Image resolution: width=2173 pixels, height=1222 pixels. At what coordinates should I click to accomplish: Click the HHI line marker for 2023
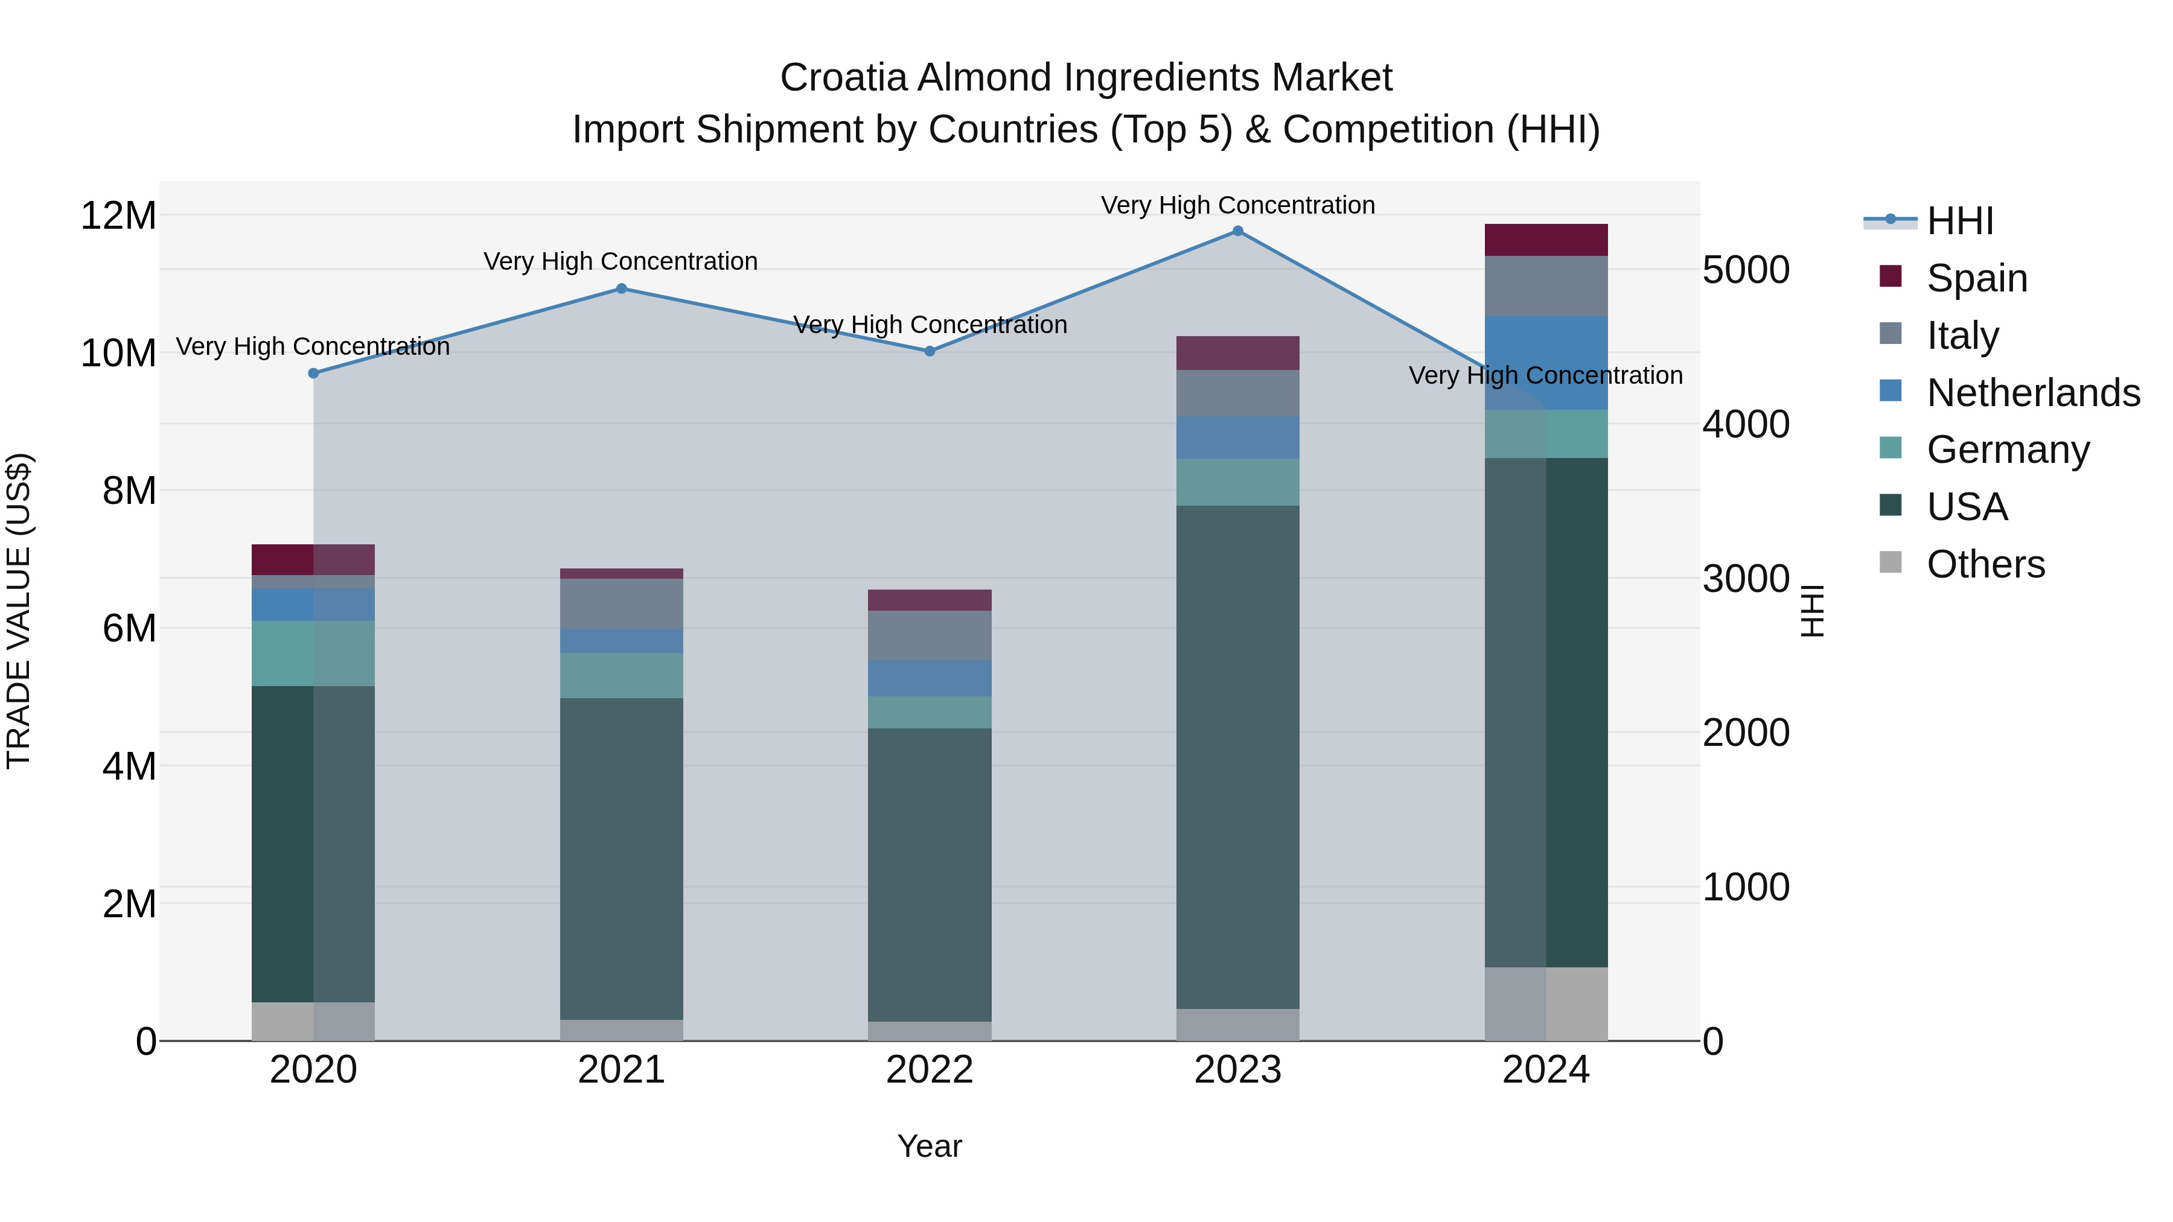(1237, 231)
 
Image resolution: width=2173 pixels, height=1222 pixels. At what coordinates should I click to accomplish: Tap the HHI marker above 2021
(622, 288)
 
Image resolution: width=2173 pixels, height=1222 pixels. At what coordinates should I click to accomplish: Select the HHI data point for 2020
(314, 373)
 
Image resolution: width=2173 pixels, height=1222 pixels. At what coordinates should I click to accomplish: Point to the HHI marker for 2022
(930, 351)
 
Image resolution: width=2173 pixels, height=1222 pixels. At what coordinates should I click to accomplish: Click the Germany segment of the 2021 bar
(622, 675)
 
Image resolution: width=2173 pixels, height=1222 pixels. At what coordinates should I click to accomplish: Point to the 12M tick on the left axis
(118, 216)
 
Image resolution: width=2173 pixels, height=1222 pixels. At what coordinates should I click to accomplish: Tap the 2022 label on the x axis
(930, 1070)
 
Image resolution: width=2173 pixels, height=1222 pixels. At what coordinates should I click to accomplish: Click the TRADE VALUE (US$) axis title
(19, 611)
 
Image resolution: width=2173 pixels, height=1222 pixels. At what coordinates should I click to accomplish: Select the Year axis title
(930, 1146)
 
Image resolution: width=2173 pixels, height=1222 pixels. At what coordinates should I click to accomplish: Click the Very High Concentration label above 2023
(1237, 205)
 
